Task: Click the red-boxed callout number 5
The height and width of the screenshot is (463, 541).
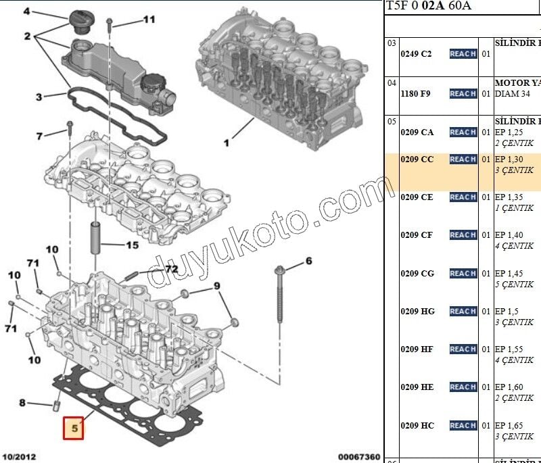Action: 73,428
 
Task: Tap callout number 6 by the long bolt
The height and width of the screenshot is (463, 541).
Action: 308,261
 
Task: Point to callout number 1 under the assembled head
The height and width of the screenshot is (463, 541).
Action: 227,143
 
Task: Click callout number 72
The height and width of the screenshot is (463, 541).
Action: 171,270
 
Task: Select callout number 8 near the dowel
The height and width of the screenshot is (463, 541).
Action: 22,404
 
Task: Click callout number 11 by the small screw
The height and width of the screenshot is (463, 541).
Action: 148,20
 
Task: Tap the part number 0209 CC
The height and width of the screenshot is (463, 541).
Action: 417,160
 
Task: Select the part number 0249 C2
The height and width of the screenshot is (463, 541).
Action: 416,53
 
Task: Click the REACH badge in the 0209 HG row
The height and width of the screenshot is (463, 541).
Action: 463,312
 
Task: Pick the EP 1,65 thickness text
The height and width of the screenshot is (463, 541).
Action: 509,426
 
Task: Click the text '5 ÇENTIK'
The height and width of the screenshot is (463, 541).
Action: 514,285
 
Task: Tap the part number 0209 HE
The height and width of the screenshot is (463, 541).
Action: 417,387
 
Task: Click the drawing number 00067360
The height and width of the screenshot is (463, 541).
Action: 359,457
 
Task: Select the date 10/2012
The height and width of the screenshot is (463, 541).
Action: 20,457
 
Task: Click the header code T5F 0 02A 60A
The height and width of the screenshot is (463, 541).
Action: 429,6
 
